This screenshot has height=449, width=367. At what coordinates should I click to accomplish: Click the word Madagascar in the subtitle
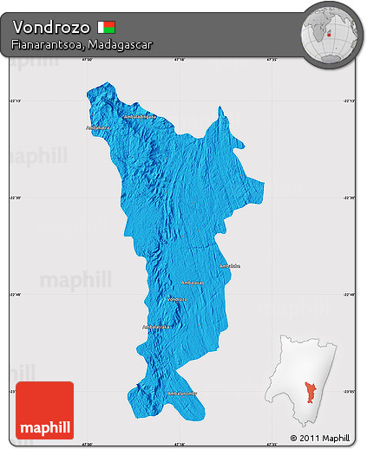(116, 44)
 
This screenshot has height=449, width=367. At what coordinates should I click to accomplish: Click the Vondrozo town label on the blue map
(176, 298)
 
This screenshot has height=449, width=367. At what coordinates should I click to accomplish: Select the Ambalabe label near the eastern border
(228, 265)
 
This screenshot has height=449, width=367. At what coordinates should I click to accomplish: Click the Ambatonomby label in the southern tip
(181, 393)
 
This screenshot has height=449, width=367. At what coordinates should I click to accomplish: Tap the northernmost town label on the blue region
(140, 116)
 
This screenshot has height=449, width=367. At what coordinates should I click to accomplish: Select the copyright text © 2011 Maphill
(319, 438)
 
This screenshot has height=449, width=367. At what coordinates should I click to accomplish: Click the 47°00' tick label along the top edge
(87, 60)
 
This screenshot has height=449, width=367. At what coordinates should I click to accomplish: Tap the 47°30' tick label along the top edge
(271, 60)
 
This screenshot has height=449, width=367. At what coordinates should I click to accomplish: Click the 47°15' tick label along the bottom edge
(179, 445)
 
